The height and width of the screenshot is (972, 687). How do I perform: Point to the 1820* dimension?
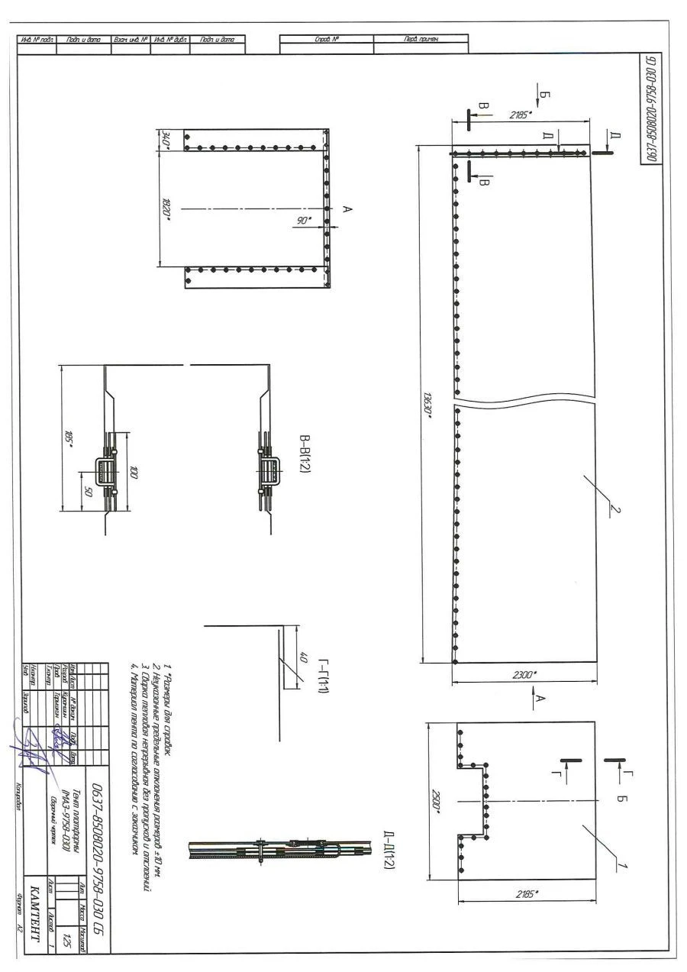(x=166, y=208)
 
